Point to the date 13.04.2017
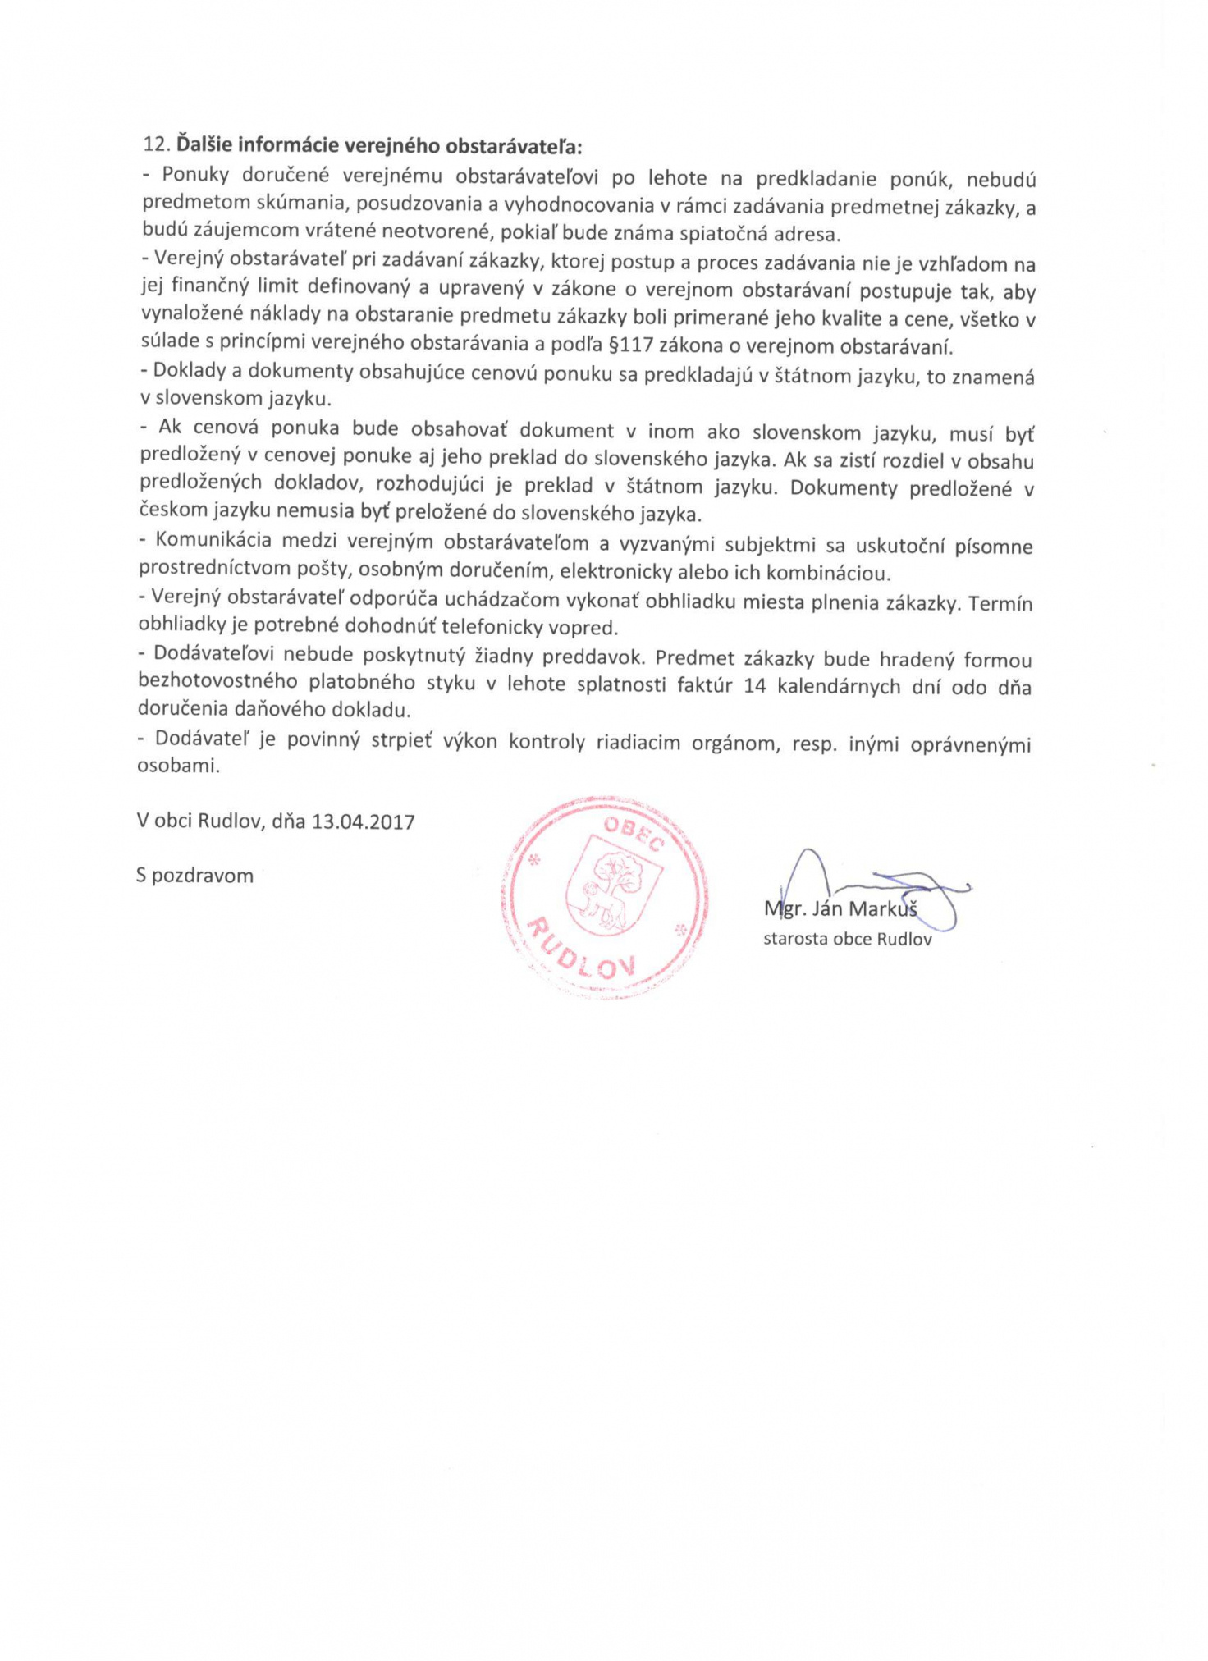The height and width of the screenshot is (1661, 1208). tap(363, 821)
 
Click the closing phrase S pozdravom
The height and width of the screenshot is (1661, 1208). tap(194, 875)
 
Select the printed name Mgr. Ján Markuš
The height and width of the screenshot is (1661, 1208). tap(840, 909)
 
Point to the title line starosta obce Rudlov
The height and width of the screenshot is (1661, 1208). tap(847, 939)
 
